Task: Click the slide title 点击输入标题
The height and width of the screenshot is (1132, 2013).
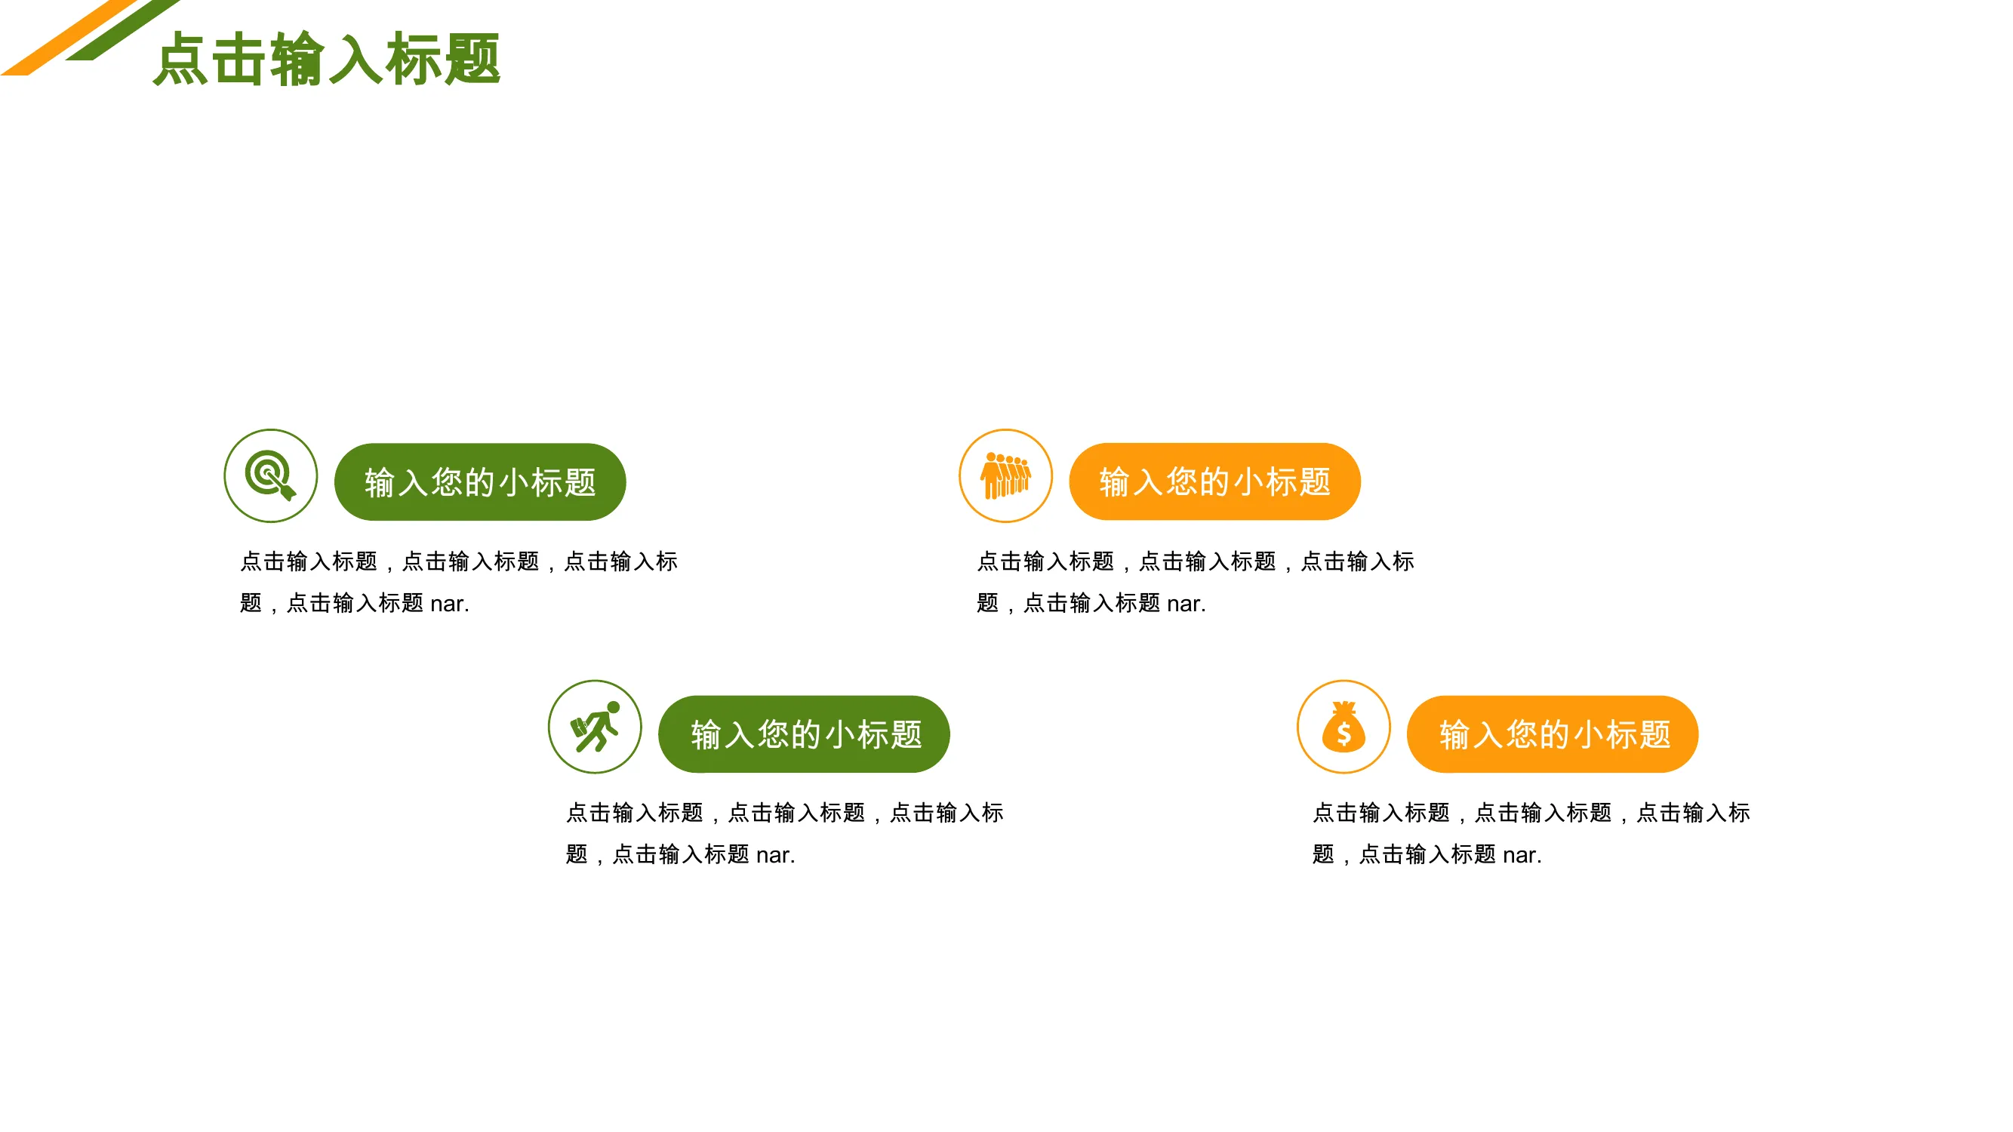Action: coord(327,59)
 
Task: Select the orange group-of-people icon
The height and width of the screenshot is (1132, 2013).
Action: coord(1005,474)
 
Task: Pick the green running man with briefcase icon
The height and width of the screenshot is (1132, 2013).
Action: coord(596,727)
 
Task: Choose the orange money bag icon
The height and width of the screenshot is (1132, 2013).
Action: coord(1344,727)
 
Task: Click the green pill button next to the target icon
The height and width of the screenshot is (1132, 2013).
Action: coord(480,482)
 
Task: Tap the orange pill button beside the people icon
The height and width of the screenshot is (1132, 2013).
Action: coord(1214,481)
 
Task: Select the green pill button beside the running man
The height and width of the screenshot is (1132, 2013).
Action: coord(804,734)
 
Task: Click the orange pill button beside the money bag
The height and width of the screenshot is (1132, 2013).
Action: coord(1553,734)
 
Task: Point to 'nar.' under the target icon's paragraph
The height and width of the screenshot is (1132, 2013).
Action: coord(449,604)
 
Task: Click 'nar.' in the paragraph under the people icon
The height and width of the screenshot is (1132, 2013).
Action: coord(1187,604)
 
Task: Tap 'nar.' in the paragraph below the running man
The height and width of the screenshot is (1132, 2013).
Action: coord(775,856)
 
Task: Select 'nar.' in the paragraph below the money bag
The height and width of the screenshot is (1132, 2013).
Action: coord(1522,856)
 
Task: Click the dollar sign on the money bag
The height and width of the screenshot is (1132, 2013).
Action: coord(1344,734)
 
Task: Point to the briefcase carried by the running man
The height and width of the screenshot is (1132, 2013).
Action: coord(579,728)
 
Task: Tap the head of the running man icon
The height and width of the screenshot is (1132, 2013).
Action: coord(614,707)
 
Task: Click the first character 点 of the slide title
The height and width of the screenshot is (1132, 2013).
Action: coord(180,59)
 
